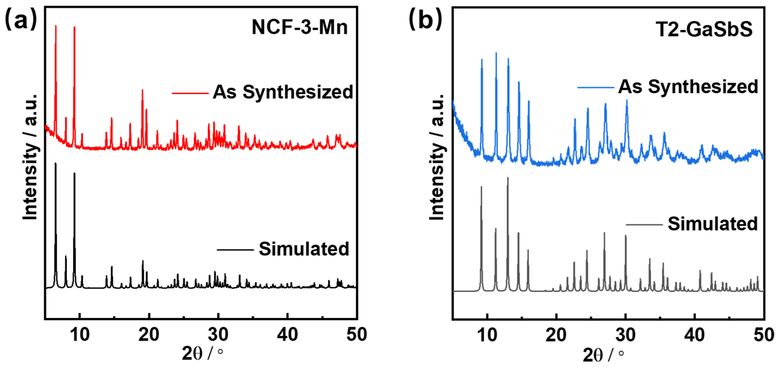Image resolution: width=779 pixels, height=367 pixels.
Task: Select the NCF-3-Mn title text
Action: pyautogui.click(x=299, y=27)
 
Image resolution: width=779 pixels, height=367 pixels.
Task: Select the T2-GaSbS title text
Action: pyautogui.click(x=704, y=29)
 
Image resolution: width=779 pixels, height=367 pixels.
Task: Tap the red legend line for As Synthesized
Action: pyautogui.click(x=190, y=93)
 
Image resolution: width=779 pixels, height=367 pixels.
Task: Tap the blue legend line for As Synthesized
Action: pyautogui.click(x=595, y=88)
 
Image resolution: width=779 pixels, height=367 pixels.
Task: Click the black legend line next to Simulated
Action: pyautogui.click(x=235, y=250)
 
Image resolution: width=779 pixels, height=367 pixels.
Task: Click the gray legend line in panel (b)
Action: pyautogui.click(x=644, y=224)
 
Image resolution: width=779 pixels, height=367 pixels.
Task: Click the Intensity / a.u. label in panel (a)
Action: pyautogui.click(x=30, y=157)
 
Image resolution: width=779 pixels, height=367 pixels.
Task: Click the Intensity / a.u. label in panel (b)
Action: pyautogui.click(x=437, y=157)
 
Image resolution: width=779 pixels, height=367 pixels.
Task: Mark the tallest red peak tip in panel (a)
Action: pyautogui.click(x=56, y=26)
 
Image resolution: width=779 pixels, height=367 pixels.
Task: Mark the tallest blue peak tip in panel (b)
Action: pyautogui.click(x=496, y=53)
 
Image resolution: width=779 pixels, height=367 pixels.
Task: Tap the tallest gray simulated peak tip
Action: pyautogui.click(x=508, y=178)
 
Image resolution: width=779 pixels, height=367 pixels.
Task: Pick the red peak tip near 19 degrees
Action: pyautogui.click(x=142, y=90)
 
